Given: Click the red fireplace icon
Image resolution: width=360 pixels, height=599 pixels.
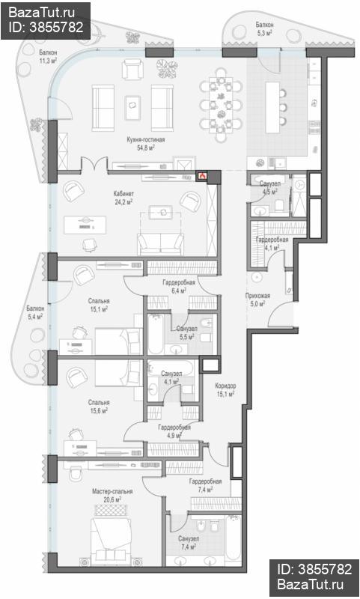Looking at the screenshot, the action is (202, 176).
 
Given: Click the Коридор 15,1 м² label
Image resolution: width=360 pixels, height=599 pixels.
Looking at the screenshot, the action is (225, 390).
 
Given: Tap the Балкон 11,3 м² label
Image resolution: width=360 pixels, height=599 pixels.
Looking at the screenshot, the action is (48, 56).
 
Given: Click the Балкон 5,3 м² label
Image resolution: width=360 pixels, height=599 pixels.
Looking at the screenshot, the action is (264, 28).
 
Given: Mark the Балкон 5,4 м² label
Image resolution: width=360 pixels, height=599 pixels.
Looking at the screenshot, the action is (35, 312).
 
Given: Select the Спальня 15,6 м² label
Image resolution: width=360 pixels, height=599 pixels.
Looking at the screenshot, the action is (99, 407).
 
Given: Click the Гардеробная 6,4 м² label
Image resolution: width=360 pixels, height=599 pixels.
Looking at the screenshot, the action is (179, 287).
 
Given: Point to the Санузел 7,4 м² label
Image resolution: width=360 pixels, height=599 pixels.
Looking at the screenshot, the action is (188, 542).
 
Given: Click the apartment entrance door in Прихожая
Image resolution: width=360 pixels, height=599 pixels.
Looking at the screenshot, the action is (281, 314).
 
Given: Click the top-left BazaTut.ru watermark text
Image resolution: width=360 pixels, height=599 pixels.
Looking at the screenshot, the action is (42, 13).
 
